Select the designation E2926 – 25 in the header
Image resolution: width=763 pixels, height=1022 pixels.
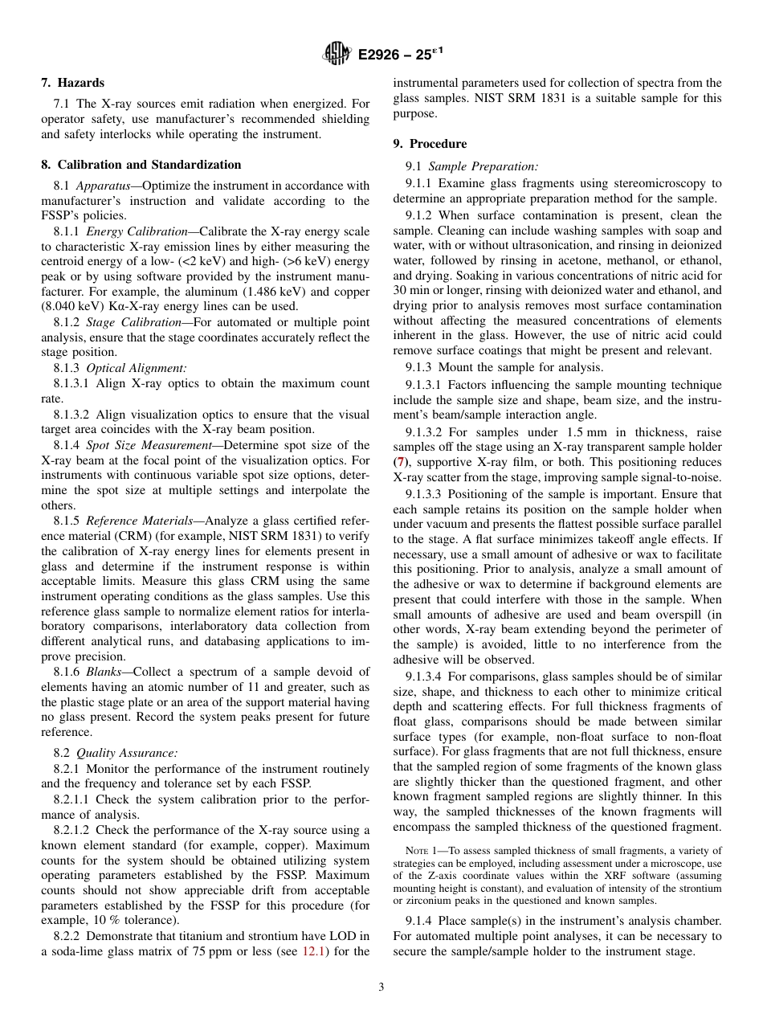[398, 54]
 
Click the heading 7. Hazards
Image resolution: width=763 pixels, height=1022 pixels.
[72, 83]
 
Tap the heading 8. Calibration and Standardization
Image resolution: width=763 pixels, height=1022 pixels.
[141, 165]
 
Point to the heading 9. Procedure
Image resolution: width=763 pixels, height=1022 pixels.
[430, 144]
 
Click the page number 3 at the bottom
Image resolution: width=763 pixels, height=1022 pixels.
[381, 987]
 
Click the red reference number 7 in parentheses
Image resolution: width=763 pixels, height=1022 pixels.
[399, 463]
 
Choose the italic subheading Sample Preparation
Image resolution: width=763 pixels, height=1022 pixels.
[483, 166]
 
